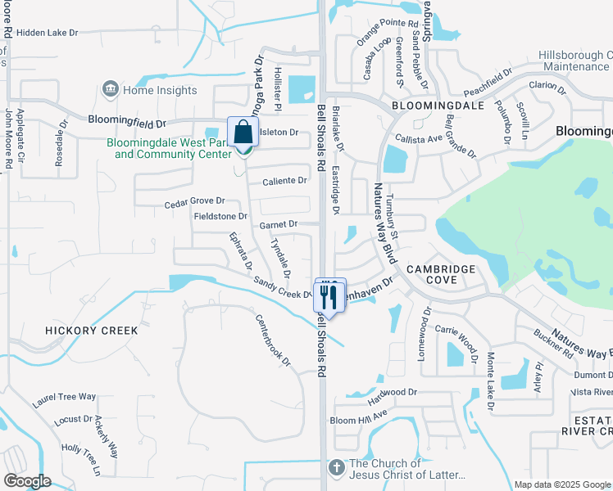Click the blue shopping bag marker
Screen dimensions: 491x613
coord(243,132)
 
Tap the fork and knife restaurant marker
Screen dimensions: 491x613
coord(331,296)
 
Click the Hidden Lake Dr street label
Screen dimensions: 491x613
coord(47,33)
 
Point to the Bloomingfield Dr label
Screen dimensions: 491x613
coord(127,122)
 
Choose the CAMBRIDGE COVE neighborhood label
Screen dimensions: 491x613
coord(441,274)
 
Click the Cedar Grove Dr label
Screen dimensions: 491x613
coord(194,200)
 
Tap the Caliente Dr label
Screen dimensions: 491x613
coord(284,180)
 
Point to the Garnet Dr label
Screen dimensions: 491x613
coord(278,223)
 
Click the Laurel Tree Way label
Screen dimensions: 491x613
coord(65,397)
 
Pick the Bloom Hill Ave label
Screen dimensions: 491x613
coord(357,418)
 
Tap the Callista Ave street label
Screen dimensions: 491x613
coord(420,139)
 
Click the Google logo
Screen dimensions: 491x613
coord(27,480)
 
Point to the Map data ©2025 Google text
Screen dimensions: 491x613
coord(562,484)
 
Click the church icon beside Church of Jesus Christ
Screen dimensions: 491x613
coord(336,468)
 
